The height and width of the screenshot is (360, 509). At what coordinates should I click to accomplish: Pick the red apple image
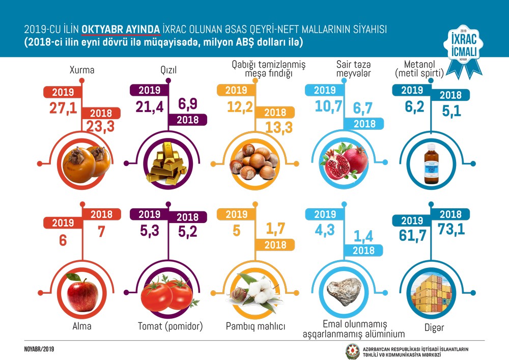[82, 292]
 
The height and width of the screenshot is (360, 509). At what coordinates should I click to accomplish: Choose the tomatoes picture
[165, 292]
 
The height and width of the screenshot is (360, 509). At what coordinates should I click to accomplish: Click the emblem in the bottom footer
[352, 351]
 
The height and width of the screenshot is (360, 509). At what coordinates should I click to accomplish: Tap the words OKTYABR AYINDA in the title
[122, 30]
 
